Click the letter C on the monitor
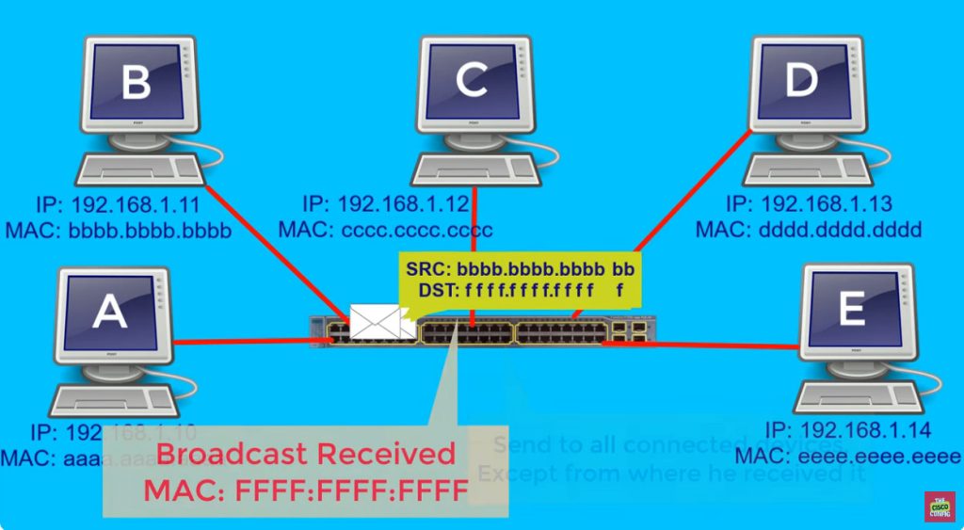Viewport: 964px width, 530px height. (x=471, y=83)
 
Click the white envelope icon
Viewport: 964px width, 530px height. (x=376, y=321)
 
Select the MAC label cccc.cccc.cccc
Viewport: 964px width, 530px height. (x=386, y=229)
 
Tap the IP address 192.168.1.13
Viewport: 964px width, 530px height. (x=810, y=204)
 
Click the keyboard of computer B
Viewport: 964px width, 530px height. (x=137, y=170)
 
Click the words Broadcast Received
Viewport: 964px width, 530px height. (x=306, y=456)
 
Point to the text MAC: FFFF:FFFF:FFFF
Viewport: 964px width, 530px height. (x=306, y=490)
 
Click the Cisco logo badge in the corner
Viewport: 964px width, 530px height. (x=938, y=506)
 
